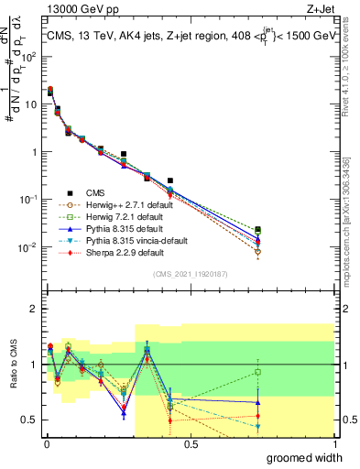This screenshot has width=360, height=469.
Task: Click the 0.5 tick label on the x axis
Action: [190, 444]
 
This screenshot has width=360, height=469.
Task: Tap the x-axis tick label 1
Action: [333, 444]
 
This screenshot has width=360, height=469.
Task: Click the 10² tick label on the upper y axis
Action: [29, 57]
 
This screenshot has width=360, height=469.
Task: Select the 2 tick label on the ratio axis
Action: [33, 309]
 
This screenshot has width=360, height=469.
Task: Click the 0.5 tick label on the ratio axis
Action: [29, 420]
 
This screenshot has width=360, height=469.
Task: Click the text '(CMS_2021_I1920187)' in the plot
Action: [190, 275]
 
